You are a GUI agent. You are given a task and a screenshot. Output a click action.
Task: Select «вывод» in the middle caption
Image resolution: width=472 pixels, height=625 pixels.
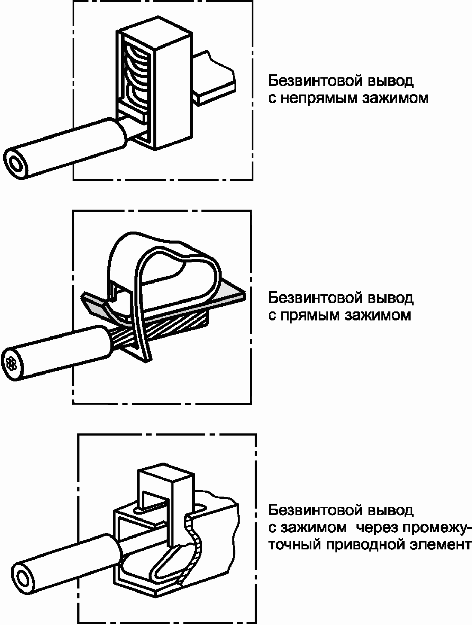pos(391,298)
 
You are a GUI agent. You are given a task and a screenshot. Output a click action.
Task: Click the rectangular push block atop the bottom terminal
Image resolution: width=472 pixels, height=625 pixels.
pos(165,485)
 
